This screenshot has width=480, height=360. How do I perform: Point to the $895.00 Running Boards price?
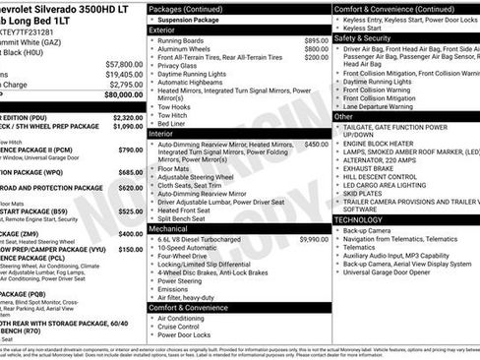point(315,40)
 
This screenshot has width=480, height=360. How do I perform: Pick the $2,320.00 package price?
point(125,117)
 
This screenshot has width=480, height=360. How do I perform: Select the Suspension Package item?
point(191,19)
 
